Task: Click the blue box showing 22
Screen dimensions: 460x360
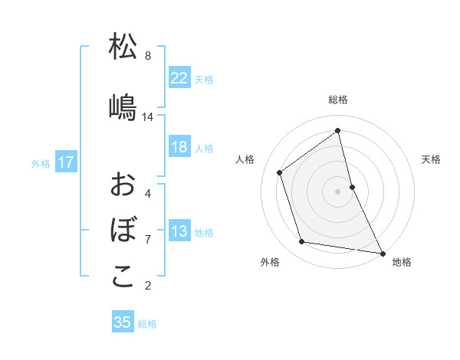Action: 179,77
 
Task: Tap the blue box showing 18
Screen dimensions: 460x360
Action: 179,147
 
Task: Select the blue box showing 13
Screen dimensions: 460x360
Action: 179,232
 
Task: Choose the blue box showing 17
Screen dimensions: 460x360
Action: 65,162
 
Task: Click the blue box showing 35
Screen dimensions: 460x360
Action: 123,322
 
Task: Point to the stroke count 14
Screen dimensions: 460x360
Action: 148,117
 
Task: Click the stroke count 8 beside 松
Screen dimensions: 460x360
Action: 148,55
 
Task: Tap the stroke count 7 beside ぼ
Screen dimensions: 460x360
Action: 148,240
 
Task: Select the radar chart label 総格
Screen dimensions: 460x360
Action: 338,100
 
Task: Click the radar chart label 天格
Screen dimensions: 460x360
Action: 431,159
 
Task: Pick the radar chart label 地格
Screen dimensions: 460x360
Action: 402,262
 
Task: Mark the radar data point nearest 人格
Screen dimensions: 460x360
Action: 280,172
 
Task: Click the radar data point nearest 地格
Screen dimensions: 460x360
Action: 382,252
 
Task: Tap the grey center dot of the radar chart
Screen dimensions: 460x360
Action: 338,191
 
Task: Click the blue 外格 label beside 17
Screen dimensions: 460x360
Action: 41,163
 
